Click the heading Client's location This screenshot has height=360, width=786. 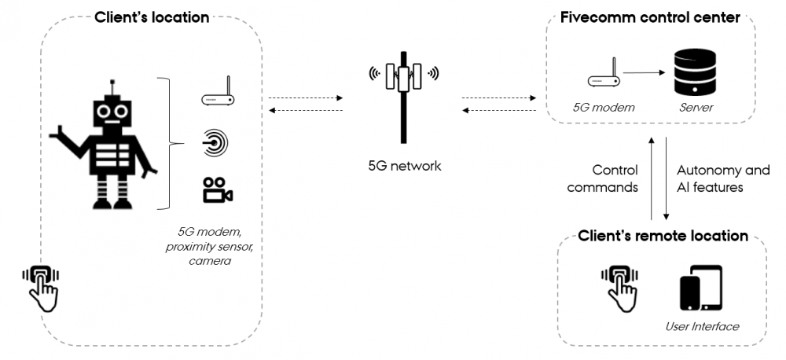pyautogui.click(x=152, y=17)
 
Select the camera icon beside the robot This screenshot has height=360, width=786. pyautogui.click(x=217, y=190)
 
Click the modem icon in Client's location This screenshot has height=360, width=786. pyautogui.click(x=217, y=94)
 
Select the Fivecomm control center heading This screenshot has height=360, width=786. pyautogui.click(x=651, y=17)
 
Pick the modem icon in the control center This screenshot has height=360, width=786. pyautogui.click(x=603, y=77)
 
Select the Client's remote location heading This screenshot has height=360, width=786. pyautogui.click(x=662, y=236)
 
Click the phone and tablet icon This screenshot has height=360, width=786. pyautogui.click(x=701, y=289)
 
